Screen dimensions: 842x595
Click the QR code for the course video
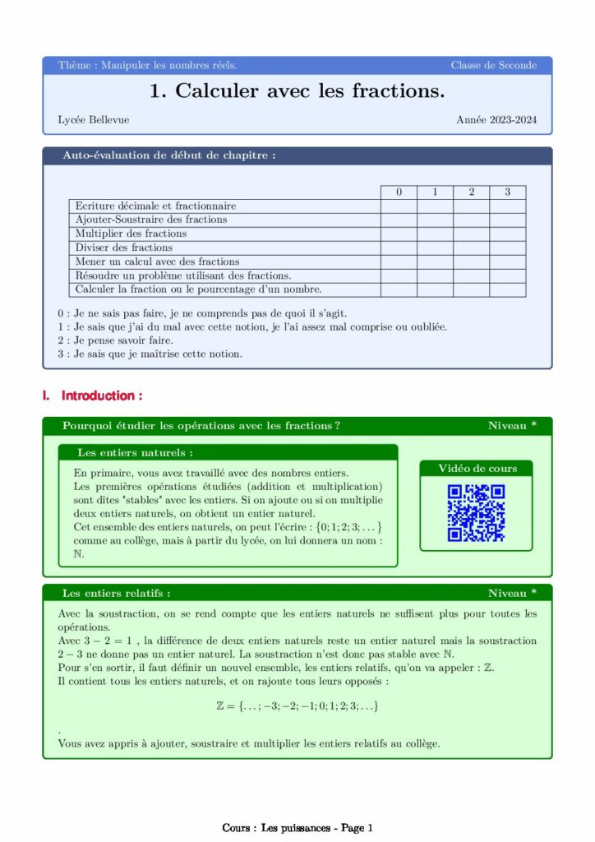tap(476, 513)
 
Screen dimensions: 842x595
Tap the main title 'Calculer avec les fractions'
tap(297, 91)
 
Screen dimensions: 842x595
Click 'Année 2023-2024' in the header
tap(496, 120)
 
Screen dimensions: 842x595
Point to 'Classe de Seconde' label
tap(493, 65)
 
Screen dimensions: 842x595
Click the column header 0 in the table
tap(399, 192)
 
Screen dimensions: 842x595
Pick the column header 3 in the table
tap(507, 192)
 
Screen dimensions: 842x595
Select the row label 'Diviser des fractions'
tap(124, 248)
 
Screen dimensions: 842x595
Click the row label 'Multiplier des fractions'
tap(131, 234)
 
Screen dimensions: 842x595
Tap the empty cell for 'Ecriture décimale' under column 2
tap(471, 206)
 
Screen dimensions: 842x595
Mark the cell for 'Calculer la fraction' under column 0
tap(399, 289)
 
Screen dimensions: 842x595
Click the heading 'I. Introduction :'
tap(92, 396)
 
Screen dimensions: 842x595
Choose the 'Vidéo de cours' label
tap(477, 469)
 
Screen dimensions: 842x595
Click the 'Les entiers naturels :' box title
tap(136, 452)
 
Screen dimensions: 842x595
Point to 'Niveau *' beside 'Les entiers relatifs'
tap(512, 593)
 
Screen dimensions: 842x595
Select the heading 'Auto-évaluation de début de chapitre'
tap(169, 155)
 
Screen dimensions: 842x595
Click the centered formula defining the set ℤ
tap(297, 706)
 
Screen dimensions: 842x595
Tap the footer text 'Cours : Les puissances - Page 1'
tap(297, 828)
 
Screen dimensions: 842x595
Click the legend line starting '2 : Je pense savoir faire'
tap(115, 340)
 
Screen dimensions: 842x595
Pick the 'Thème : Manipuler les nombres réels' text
tap(148, 65)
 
